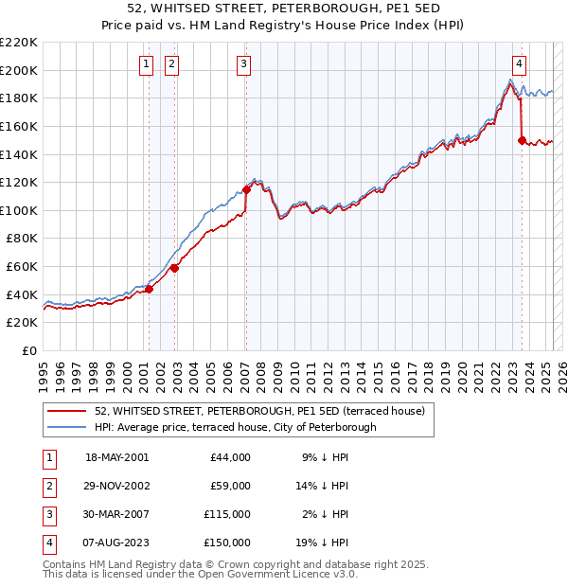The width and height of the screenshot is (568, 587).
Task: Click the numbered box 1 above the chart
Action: (147, 64)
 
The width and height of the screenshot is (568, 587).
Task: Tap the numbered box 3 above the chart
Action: (244, 64)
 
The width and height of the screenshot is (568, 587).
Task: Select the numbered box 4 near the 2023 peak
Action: (520, 64)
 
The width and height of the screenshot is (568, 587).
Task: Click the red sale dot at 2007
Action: (246, 188)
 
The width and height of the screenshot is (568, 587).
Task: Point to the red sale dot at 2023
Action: (522, 140)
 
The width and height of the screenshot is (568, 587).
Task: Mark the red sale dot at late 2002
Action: (174, 268)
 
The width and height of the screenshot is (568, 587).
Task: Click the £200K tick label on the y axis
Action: (19, 70)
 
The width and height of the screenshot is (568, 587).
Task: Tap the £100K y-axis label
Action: (19, 210)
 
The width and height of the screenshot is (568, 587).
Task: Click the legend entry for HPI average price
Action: (235, 427)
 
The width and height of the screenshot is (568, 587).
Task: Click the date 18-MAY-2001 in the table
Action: (116, 457)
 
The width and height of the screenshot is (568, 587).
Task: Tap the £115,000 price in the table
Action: (228, 515)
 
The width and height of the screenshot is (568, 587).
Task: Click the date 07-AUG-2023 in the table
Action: (117, 543)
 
